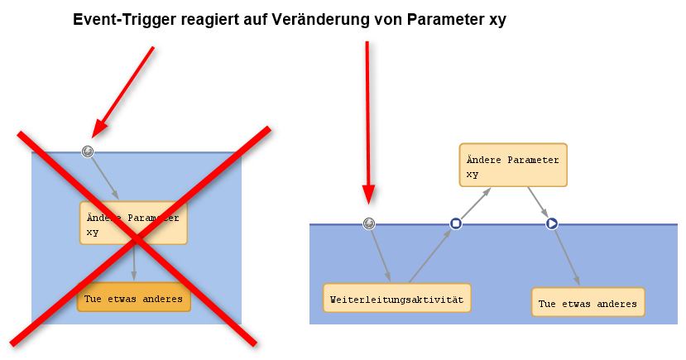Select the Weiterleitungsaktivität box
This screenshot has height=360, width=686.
[x=396, y=298]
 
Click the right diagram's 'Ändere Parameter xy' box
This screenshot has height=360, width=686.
[x=513, y=165]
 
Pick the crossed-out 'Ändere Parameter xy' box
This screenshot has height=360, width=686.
[x=133, y=223]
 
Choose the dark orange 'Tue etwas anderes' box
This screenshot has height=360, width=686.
[x=133, y=298]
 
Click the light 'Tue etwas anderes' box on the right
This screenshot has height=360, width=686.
[x=588, y=303]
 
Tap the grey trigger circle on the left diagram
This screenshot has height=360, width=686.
[x=87, y=151]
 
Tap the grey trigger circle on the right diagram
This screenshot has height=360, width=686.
[x=369, y=223]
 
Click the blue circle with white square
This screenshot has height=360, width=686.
[x=455, y=223]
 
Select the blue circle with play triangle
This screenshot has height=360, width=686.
[x=552, y=223]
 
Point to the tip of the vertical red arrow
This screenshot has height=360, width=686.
[x=369, y=201]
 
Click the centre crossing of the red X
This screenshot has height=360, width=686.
[x=138, y=237]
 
